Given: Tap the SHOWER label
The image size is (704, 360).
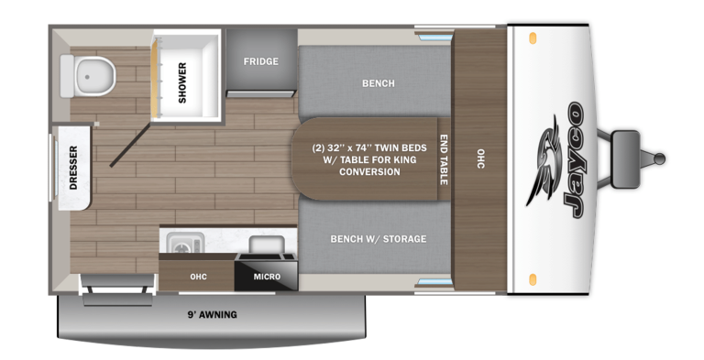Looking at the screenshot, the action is (181, 82).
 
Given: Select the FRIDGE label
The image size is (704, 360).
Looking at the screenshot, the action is (261, 61).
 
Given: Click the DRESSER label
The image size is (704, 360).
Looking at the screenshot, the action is (73, 168).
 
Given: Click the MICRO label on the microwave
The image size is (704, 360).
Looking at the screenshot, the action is (267, 277).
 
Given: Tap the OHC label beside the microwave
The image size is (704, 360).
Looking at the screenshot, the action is (198, 277).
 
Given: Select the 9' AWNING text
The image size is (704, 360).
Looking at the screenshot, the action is (212, 315).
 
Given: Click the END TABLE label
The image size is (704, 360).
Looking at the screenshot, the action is (444, 159).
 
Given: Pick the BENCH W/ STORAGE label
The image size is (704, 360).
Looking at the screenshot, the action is (378, 239).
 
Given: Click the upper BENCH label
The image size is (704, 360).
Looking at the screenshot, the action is (379, 83).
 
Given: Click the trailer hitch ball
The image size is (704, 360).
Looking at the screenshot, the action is (660, 158).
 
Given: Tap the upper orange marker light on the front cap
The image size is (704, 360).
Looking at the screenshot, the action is (533, 37).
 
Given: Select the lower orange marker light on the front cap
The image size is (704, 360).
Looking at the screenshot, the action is (533, 278).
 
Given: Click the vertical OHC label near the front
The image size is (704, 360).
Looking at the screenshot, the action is (480, 158).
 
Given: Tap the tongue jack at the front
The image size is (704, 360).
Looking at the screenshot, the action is (624, 159).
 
